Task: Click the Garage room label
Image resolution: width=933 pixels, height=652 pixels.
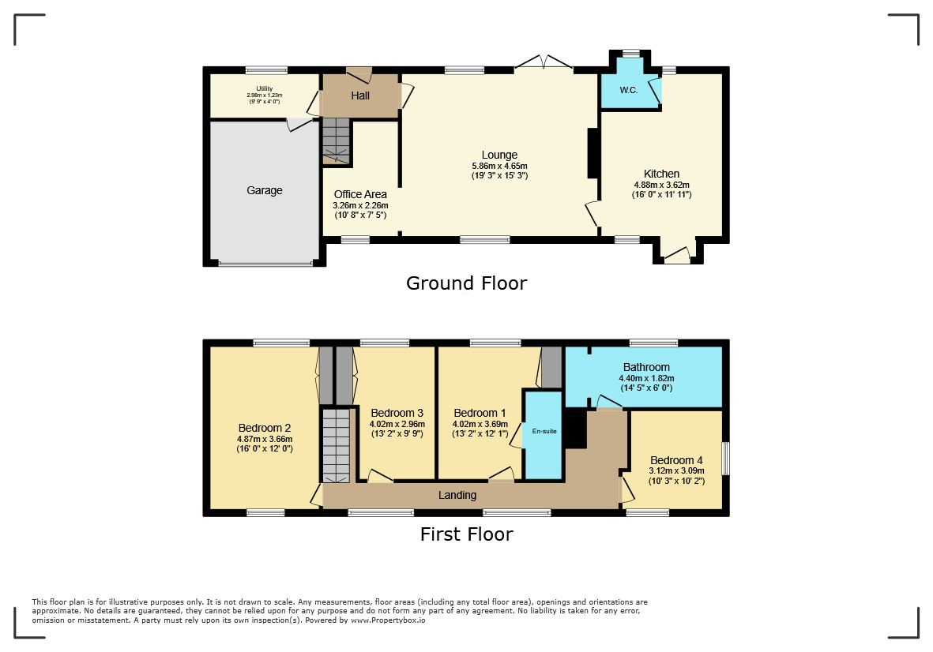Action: pos(264,190)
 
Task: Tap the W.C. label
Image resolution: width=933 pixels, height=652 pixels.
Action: pos(628,90)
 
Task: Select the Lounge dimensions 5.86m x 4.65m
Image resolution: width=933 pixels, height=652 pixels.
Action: pos(499,166)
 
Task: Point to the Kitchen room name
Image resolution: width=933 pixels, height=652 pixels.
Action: pos(661,174)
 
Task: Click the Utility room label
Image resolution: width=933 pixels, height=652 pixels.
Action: pos(264,88)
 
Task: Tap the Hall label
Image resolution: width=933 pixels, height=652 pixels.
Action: pos(360,96)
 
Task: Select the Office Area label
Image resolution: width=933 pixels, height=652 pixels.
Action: pos(360,194)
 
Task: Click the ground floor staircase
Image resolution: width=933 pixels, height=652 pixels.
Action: pos(337,141)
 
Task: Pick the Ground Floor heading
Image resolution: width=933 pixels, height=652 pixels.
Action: pos(466,283)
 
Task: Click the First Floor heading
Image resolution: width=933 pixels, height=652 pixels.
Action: pos(466,534)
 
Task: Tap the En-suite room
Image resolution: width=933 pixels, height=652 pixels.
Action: pos(544,434)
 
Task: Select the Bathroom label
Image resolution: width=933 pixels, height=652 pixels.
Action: pos(646,367)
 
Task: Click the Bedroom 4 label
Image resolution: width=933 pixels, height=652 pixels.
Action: pos(676,460)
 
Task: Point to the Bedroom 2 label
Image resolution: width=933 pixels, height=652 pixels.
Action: pos(264,428)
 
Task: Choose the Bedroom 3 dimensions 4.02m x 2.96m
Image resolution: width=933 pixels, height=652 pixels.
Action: pos(397,425)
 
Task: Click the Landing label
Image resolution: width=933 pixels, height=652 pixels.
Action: pos(457,495)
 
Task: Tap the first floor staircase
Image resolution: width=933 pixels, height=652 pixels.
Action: pos(337,445)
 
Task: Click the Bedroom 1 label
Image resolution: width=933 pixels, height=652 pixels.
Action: pos(480,413)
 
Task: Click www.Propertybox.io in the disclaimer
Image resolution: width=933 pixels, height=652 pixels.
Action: pos(388,620)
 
